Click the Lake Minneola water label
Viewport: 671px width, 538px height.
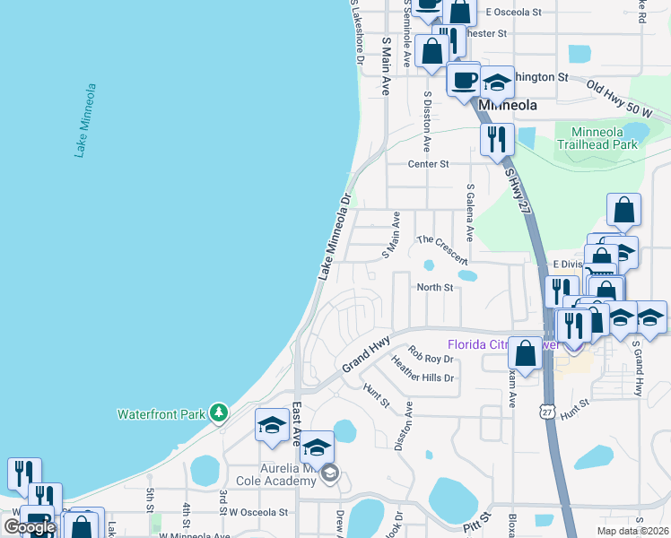point(86,121)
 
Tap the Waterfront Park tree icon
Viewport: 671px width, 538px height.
point(217,413)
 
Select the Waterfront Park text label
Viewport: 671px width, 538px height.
point(161,414)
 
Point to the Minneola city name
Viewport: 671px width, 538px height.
point(508,105)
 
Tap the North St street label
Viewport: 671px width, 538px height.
point(435,287)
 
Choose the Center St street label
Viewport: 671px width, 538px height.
point(428,164)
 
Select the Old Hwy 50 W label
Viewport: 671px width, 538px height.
point(618,97)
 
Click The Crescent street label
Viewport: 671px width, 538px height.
point(443,248)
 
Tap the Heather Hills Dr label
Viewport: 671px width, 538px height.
point(423,370)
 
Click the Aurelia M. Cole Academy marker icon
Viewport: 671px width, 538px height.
point(330,473)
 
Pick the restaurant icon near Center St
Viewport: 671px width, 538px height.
point(496,140)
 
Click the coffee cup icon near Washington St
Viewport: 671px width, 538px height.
point(464,80)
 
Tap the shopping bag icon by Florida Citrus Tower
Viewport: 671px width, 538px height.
point(526,352)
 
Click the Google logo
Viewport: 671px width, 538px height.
point(29,527)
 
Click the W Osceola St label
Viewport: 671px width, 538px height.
point(258,512)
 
